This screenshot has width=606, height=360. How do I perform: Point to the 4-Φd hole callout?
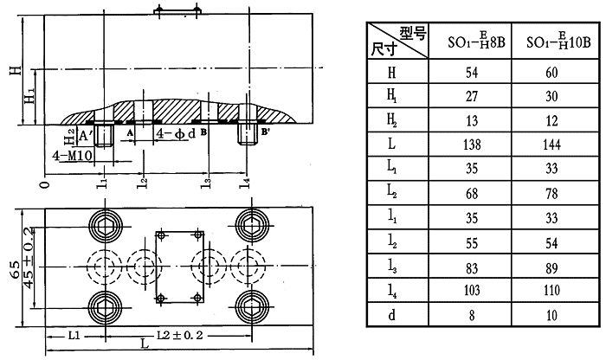pyautogui.click(x=176, y=135)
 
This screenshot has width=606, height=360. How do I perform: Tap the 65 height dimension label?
pyautogui.click(x=12, y=270)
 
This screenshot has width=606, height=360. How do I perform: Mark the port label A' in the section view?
pyautogui.click(x=83, y=135)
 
